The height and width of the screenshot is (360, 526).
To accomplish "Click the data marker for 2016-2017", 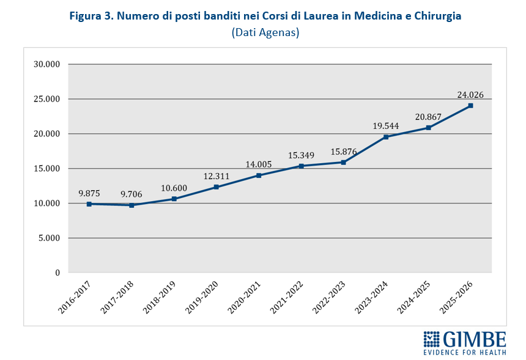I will click(x=89, y=204).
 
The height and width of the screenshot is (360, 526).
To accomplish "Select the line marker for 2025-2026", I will click(x=470, y=106).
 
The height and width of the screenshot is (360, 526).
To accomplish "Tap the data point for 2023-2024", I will click(x=386, y=137).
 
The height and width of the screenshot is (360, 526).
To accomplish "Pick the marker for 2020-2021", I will click(x=259, y=175).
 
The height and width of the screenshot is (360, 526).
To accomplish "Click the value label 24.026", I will click(x=470, y=95).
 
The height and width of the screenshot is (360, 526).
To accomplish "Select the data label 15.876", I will click(x=344, y=151).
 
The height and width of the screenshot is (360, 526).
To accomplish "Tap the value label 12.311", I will click(x=217, y=176).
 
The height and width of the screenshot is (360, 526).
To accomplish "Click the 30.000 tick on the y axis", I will click(x=46, y=64).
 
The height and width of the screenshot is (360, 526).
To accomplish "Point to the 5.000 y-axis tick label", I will click(x=49, y=238).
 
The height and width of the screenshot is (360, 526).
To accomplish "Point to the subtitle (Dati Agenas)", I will click(x=265, y=32).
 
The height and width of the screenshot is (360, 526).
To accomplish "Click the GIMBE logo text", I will click(x=475, y=339).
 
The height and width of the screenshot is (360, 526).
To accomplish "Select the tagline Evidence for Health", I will click(x=465, y=352).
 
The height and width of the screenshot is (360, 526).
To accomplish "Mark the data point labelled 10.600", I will click(x=174, y=199).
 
